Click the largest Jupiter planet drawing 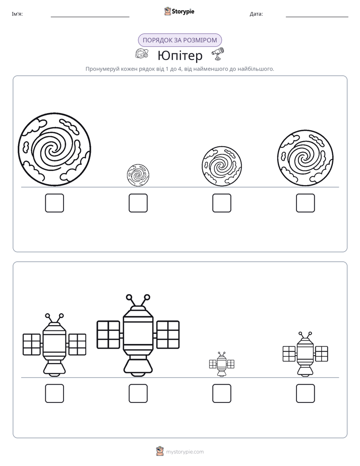(x=54, y=149)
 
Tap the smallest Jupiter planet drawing (x=138, y=175)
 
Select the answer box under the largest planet (x=54, y=203)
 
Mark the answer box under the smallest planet (x=138, y=203)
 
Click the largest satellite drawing (x=138, y=335)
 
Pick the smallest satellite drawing (x=221, y=364)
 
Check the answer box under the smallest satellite (x=221, y=393)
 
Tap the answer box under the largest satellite (x=138, y=393)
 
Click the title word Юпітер (x=180, y=55)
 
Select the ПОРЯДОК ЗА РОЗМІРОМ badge (x=180, y=40)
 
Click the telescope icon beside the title (x=218, y=54)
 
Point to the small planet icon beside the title (x=141, y=53)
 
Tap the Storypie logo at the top (x=179, y=11)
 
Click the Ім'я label (x=17, y=14)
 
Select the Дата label (x=256, y=14)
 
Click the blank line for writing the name (x=90, y=17)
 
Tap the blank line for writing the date (x=317, y=17)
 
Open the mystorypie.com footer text (x=185, y=452)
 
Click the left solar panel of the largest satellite (x=108, y=334)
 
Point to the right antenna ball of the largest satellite (x=147, y=297)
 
